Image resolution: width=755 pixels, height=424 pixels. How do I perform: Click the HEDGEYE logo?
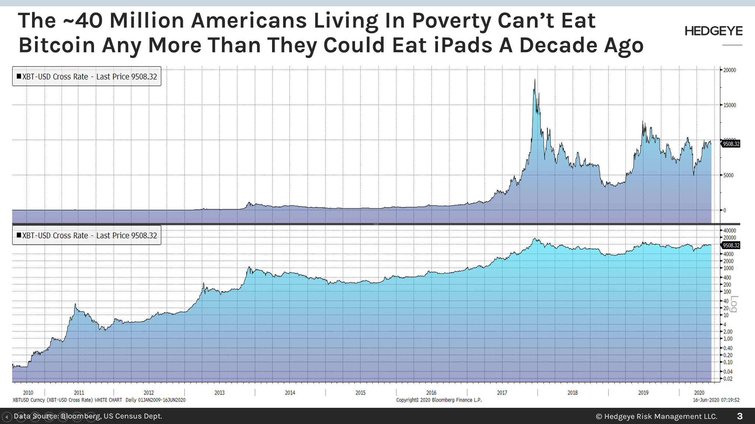(713, 31)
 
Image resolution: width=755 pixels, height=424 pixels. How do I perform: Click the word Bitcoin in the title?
(57, 45)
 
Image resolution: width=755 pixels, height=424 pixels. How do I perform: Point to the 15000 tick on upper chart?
(729, 105)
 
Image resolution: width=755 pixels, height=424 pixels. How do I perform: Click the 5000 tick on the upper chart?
(728, 176)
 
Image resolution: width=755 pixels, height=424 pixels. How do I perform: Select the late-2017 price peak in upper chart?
(535, 80)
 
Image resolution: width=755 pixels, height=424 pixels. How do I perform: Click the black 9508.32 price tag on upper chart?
(731, 144)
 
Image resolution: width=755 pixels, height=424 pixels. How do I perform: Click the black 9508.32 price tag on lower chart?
(731, 245)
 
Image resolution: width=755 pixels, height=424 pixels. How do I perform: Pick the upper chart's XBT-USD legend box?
(87, 77)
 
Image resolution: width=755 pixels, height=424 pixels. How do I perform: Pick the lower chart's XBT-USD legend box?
(87, 236)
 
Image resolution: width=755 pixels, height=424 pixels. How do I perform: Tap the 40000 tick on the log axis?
(729, 231)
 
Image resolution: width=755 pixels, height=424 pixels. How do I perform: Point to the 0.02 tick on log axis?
(728, 379)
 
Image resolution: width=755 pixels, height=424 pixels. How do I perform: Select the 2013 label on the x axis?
(219, 393)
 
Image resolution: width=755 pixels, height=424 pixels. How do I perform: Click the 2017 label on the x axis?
(502, 393)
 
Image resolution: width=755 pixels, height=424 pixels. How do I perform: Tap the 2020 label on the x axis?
(699, 393)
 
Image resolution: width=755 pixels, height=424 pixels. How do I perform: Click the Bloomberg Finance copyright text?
(439, 400)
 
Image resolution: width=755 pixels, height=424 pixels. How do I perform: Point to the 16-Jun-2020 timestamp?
(716, 400)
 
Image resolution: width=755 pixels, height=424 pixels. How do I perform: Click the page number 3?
(740, 416)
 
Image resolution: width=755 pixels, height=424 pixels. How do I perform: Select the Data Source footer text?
(88, 416)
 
